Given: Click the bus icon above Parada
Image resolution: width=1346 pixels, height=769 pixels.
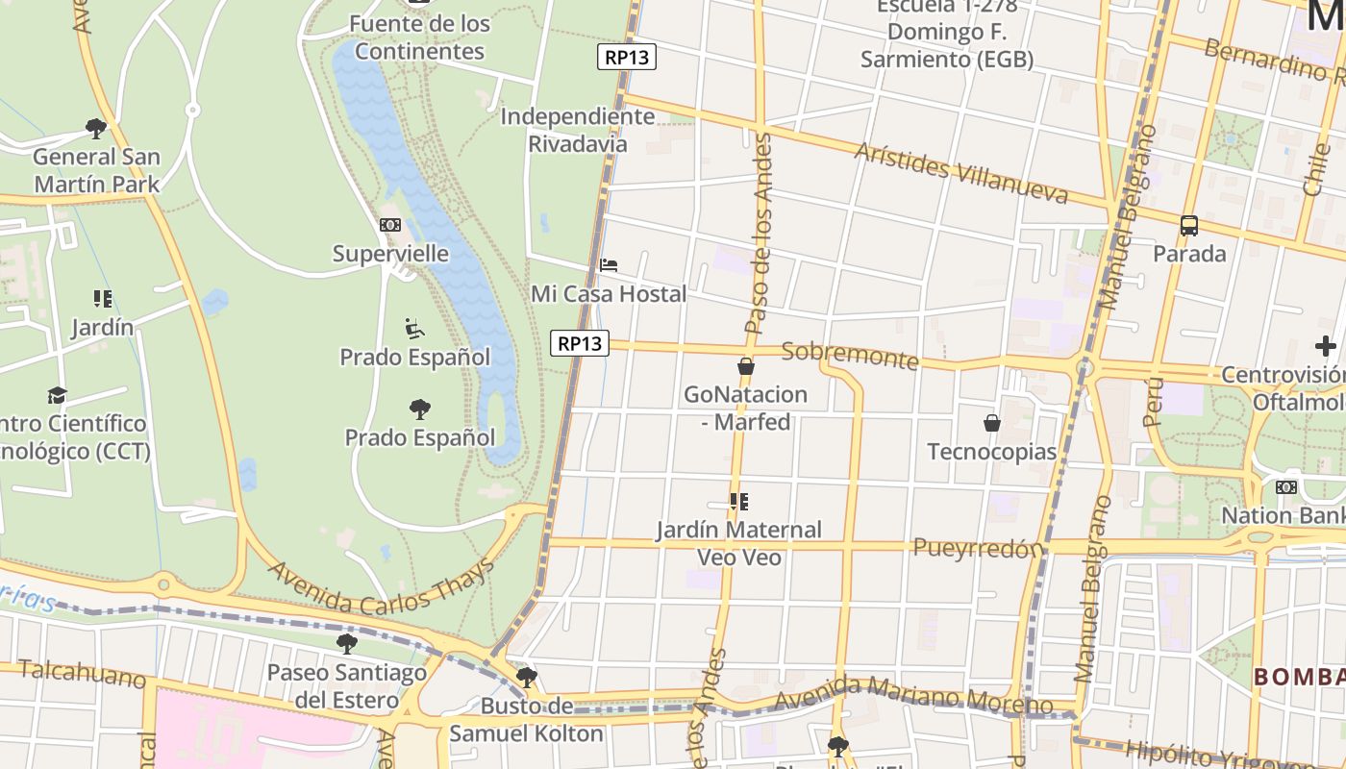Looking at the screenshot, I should [x=1189, y=226].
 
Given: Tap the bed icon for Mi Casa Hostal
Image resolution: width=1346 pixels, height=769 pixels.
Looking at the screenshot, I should [x=609, y=265].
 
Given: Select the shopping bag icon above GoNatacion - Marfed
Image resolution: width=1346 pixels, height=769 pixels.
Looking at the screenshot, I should [x=745, y=366].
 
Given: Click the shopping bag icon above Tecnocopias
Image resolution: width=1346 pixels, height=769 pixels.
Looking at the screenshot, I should [x=992, y=423].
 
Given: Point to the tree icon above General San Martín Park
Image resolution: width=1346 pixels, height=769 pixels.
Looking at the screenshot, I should [x=95, y=128].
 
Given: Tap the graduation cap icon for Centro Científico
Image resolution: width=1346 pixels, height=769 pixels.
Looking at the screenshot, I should [x=58, y=395].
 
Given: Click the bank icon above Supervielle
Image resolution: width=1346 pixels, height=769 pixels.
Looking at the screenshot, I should [x=390, y=225].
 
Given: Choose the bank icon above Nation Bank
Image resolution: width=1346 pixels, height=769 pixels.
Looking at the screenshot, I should [x=1286, y=487].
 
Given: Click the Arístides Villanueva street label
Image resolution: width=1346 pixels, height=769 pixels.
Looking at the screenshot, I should [x=960, y=174].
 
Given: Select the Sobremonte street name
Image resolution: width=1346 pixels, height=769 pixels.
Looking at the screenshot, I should [x=850, y=355].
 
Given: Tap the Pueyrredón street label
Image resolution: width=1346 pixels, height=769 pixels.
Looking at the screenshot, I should [x=977, y=548].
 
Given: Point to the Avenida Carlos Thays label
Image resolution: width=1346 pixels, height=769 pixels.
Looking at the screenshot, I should [x=381, y=585].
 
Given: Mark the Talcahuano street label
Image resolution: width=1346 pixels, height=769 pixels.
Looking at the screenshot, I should [x=82, y=673].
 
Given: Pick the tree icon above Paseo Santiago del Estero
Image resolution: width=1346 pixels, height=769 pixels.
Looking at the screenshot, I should [x=347, y=644].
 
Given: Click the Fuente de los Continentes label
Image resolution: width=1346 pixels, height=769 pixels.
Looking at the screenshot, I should [x=419, y=37].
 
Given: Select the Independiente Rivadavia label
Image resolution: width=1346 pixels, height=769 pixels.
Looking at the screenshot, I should [x=578, y=130].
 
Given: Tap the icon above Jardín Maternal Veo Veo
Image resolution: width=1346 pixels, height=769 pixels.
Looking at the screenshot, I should [x=738, y=502].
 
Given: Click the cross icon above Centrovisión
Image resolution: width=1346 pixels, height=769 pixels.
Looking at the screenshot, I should [x=1326, y=346].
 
